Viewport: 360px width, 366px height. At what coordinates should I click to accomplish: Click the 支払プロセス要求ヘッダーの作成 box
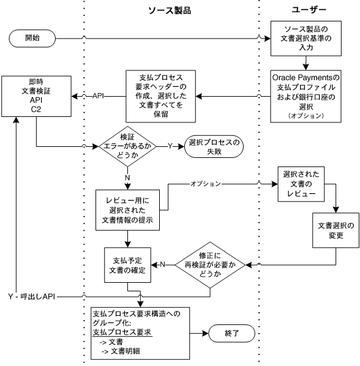(157, 96)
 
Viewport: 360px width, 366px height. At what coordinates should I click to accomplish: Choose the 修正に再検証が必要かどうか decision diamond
(210, 264)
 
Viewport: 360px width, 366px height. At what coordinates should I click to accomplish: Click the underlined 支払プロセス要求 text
(122, 332)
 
